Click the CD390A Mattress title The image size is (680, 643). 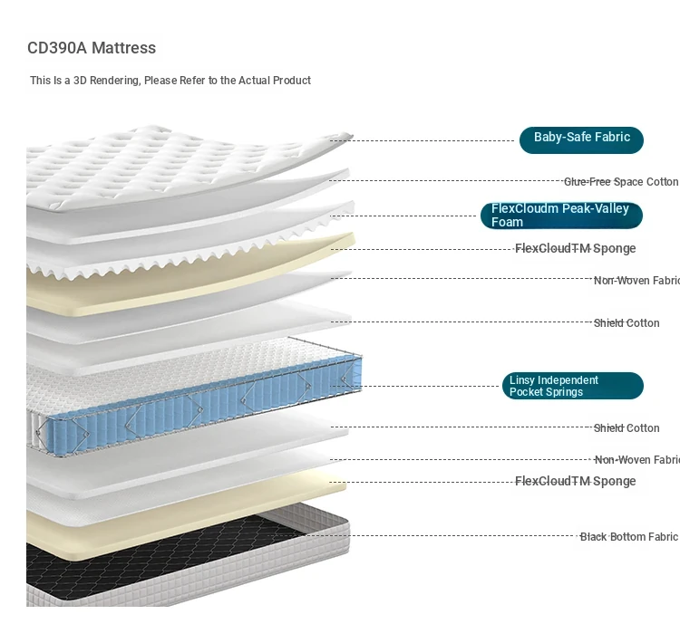click(92, 48)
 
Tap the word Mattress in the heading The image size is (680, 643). click(124, 48)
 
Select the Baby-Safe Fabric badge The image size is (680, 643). click(581, 140)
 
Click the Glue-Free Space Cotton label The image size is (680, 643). click(620, 182)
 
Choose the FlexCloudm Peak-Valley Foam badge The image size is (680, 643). click(561, 216)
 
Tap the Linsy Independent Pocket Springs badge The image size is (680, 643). click(572, 386)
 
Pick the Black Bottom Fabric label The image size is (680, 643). click(628, 537)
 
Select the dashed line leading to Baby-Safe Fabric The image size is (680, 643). click(422, 140)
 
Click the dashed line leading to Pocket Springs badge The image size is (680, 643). click(415, 386)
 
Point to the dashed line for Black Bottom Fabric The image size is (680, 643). click(422, 536)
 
